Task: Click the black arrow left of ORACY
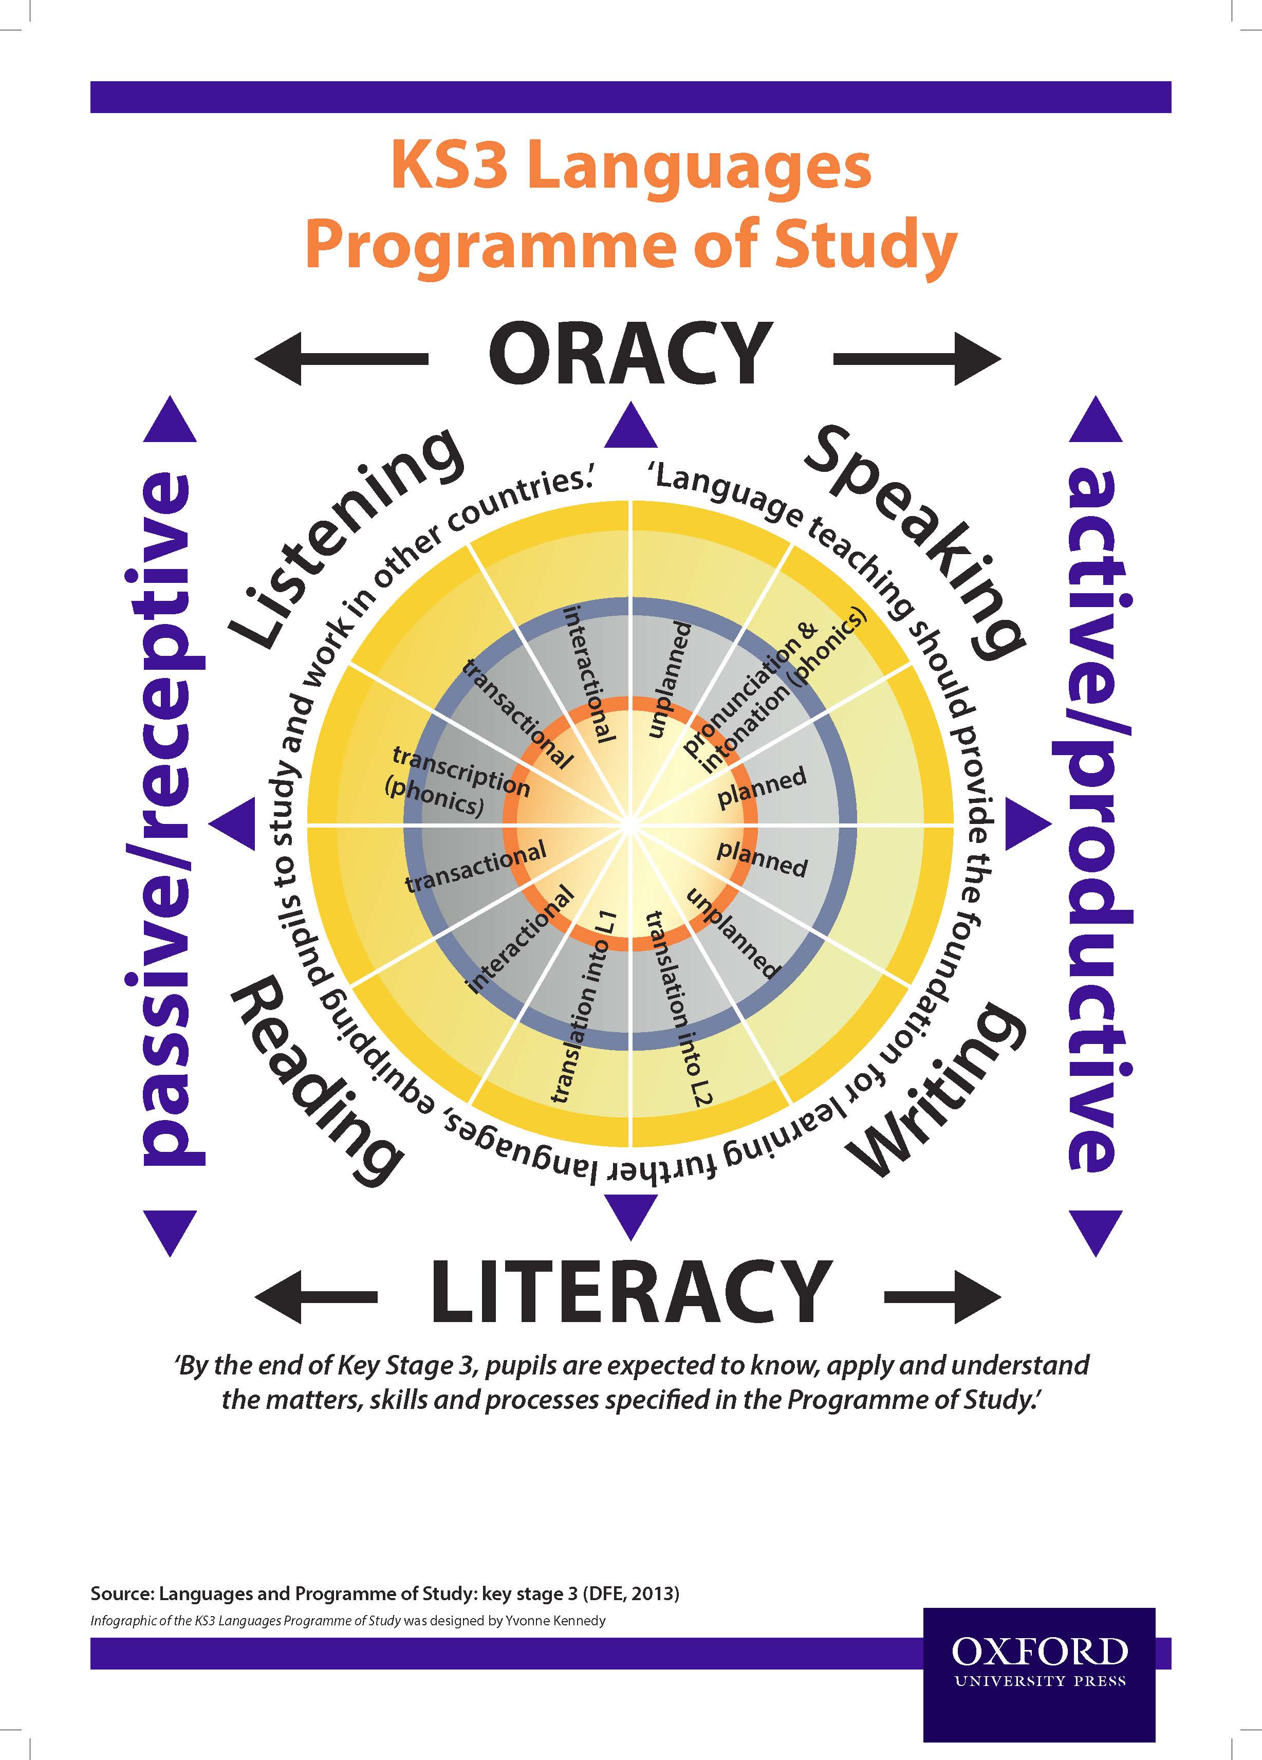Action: (341, 358)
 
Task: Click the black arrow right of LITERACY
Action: (942, 1295)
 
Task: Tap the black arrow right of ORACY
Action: (917, 358)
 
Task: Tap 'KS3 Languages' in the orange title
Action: (630, 166)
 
